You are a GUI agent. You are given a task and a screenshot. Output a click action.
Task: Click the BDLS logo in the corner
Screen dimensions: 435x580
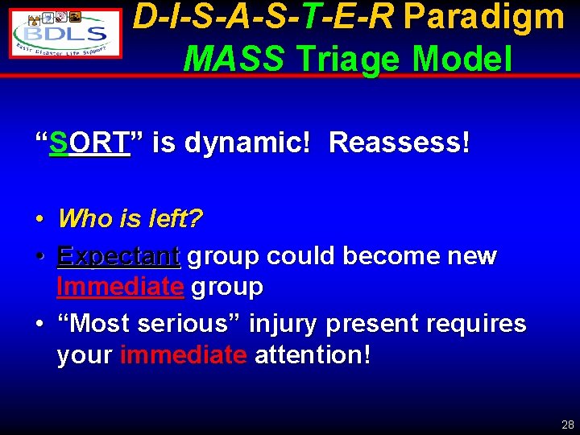click(66, 33)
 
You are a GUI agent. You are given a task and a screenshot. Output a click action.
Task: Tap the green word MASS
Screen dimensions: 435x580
click(234, 58)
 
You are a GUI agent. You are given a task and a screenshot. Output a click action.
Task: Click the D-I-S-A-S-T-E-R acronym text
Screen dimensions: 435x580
click(263, 17)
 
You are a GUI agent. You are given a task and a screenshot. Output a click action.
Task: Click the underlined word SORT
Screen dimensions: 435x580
click(89, 143)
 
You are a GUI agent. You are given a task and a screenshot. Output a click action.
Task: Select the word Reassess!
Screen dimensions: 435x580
click(400, 143)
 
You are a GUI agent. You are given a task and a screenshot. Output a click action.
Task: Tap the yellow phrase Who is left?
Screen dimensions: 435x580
click(130, 218)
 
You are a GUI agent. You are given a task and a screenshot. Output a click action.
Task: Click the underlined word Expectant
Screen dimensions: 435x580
click(118, 256)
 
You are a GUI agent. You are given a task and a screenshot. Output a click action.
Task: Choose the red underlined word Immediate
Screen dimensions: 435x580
click(120, 286)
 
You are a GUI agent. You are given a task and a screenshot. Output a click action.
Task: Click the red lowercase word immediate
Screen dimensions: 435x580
click(183, 355)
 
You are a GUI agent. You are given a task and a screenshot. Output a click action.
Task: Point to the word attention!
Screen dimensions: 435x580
click(313, 355)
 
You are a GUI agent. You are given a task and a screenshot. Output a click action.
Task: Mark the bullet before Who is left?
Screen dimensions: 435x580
click(39, 219)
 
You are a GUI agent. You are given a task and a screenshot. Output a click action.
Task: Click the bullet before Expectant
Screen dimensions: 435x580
click(39, 257)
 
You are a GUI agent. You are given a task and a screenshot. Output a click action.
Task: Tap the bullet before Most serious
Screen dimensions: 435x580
click(39, 325)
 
